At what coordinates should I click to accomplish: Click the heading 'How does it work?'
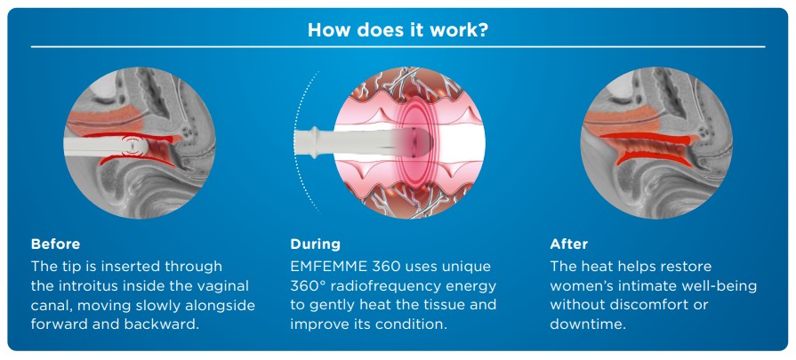click(398, 30)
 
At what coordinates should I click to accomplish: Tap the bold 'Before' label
click(55, 244)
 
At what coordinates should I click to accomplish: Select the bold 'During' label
click(315, 244)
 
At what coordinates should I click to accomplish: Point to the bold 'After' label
click(568, 244)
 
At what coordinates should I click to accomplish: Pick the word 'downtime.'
click(587, 324)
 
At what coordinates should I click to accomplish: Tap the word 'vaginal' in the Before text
click(224, 286)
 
